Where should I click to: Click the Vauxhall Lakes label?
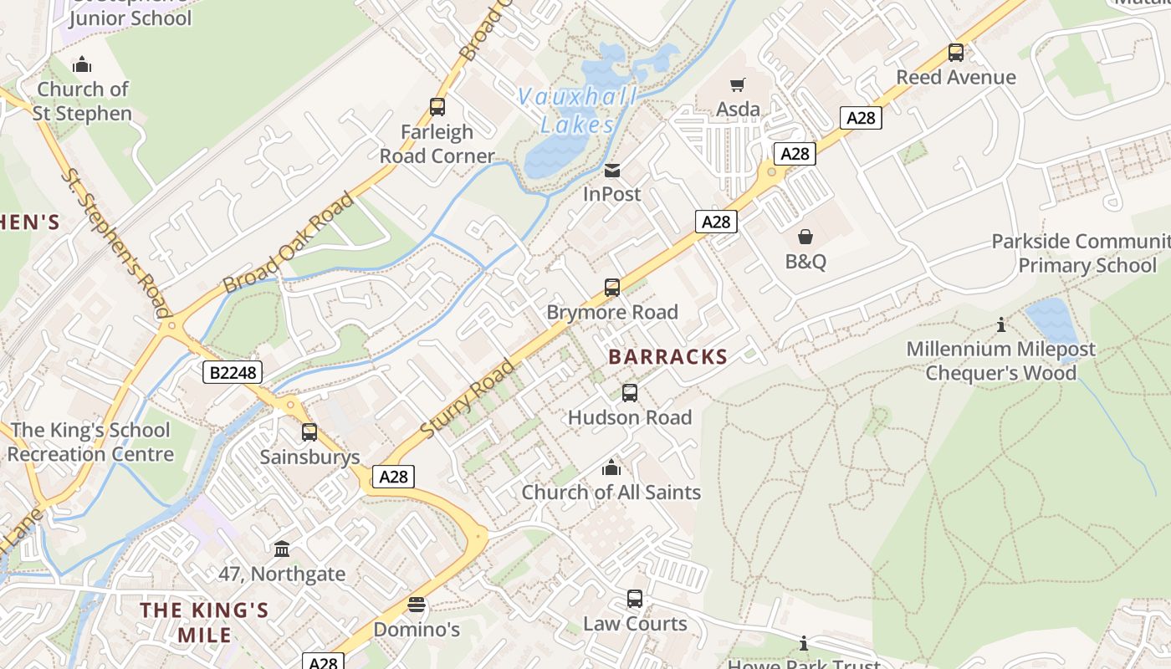[576, 110]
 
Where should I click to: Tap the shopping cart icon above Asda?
[737, 84]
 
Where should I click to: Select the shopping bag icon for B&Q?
[805, 237]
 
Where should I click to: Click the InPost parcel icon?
[612, 171]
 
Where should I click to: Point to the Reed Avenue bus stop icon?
[955, 53]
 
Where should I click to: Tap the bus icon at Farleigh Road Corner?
[437, 107]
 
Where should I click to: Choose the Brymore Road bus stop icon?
[612, 288]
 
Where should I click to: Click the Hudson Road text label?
[629, 417]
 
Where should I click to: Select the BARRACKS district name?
[667, 357]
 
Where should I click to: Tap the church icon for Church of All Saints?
[611, 467]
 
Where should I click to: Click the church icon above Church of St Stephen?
[82, 64]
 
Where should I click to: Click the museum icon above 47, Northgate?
[282, 549]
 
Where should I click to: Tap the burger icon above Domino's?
[417, 605]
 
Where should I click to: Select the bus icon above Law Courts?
[635, 599]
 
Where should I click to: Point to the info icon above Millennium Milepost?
[1000, 324]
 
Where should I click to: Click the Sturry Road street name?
[467, 398]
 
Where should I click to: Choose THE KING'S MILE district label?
[204, 622]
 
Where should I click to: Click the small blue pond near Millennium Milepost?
[1051, 322]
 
